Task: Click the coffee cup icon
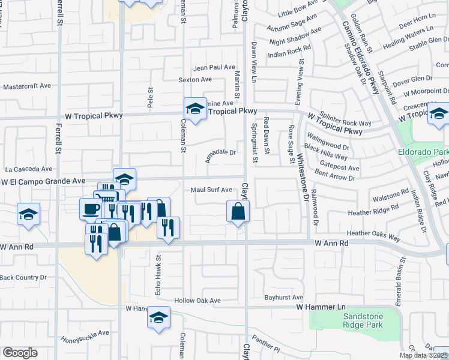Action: pos(91,209)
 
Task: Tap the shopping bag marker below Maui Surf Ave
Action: pos(238,211)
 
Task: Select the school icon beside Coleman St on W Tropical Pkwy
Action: pos(195,109)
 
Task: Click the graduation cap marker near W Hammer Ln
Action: pos(158,317)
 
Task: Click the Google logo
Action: pos(20,353)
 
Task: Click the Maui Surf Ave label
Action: pos(211,190)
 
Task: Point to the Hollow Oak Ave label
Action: pos(197,301)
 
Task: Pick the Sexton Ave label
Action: pos(195,79)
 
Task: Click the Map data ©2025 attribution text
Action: pos(423,355)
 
